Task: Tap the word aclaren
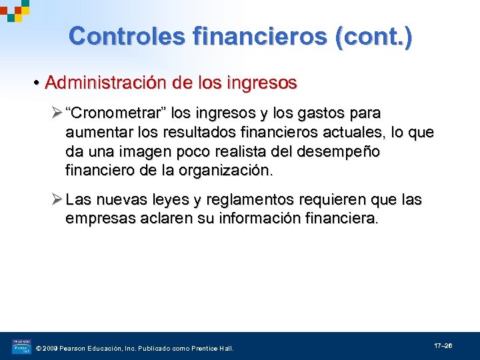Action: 164,219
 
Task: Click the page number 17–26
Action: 443,346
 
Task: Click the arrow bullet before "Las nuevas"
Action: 55,199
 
